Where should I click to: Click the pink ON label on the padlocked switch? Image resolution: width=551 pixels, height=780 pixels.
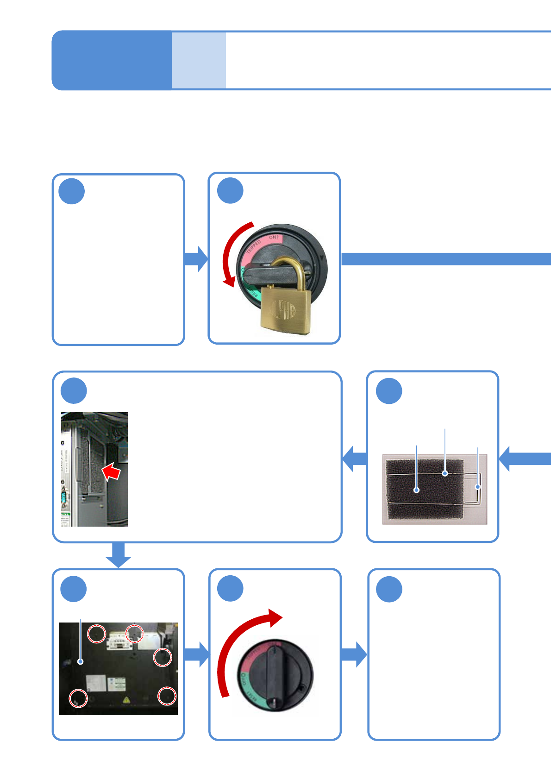click(273, 238)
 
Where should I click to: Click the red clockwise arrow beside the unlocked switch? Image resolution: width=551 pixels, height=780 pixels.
click(241, 648)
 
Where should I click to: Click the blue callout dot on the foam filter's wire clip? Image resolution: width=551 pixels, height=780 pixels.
click(478, 487)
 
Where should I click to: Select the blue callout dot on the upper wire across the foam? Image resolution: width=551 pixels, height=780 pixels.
click(445, 473)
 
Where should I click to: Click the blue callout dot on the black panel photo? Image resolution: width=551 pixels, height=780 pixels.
click(81, 661)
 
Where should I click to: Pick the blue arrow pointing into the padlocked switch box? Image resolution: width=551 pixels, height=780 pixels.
click(196, 258)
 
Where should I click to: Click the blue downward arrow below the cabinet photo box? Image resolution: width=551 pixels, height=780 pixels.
click(119, 555)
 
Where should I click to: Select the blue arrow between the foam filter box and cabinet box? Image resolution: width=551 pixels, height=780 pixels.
click(354, 459)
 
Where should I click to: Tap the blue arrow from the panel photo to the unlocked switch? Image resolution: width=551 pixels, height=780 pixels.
click(197, 654)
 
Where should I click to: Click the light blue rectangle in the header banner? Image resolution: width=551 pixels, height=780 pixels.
click(199, 60)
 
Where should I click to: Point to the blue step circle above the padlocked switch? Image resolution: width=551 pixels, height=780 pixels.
click(230, 191)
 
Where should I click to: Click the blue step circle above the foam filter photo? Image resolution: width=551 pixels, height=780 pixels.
click(389, 391)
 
